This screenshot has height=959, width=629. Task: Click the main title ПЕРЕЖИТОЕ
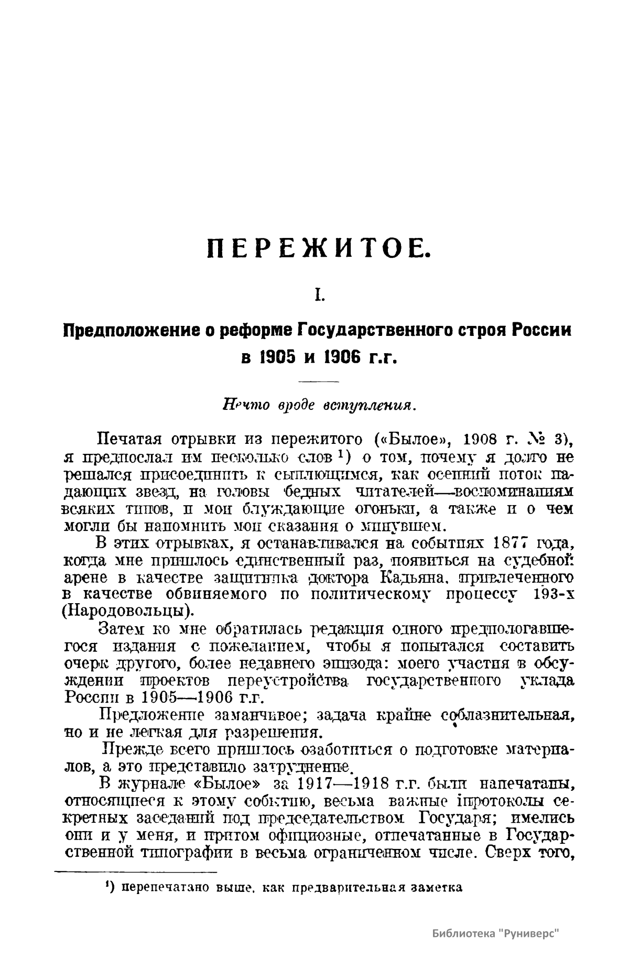coord(318,249)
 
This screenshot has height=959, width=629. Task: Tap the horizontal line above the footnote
coord(136,872)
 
